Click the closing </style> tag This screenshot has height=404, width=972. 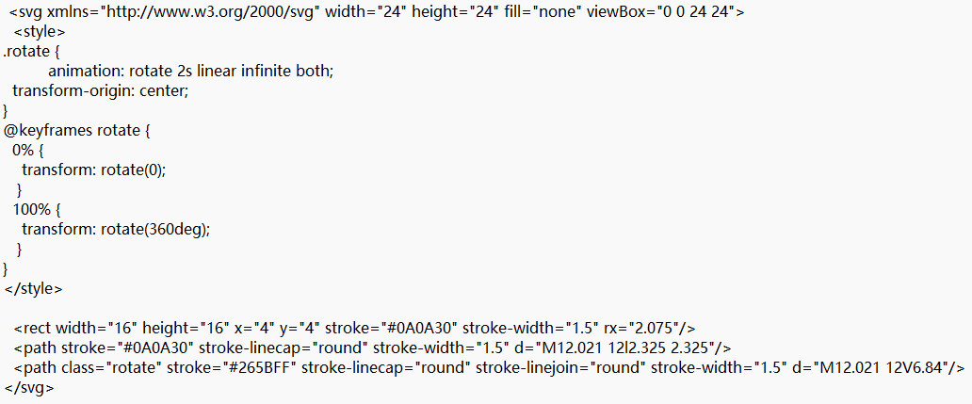point(34,288)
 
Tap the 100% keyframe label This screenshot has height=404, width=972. point(30,209)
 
